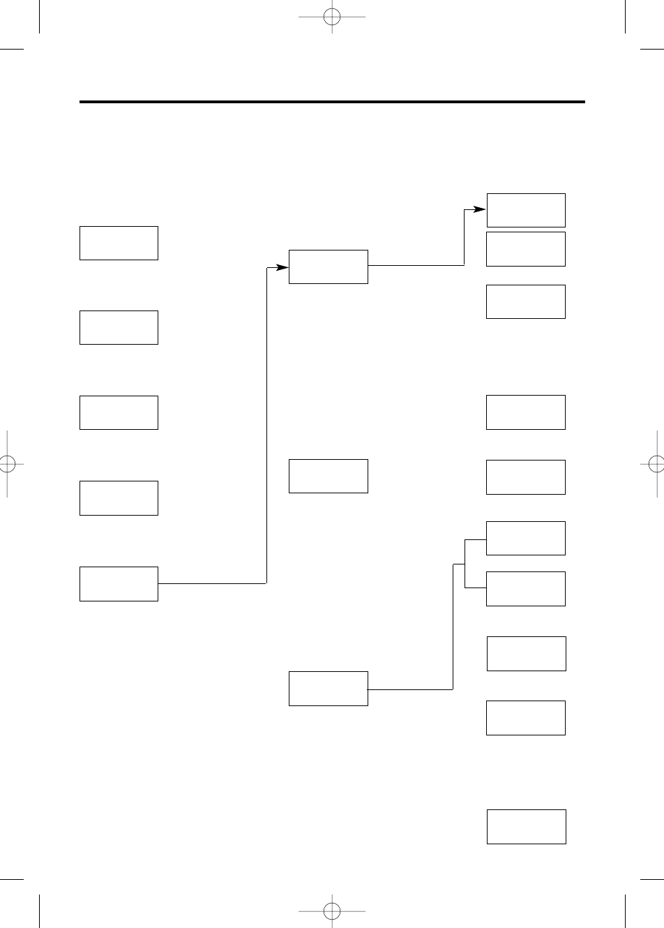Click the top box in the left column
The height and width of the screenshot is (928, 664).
[x=119, y=243]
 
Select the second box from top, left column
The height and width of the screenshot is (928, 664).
[x=119, y=327]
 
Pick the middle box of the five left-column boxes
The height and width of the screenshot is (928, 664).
[x=119, y=412]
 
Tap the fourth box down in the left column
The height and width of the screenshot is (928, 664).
[x=119, y=498]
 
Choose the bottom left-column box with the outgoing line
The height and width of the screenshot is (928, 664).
[x=119, y=584]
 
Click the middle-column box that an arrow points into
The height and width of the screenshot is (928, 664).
[x=328, y=267]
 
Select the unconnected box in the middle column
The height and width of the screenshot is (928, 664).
[x=328, y=476]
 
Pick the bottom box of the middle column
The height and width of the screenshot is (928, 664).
[x=328, y=689]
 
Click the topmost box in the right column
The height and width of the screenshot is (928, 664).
[x=525, y=210]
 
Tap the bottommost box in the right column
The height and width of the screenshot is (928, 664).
[x=526, y=827]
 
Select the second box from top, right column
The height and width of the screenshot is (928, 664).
[x=525, y=249]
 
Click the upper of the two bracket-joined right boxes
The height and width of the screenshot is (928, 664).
[x=525, y=538]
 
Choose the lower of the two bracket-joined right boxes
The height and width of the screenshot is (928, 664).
[x=525, y=589]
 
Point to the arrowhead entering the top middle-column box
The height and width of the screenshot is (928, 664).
[x=282, y=267]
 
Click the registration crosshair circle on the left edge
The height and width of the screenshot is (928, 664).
[x=6, y=464]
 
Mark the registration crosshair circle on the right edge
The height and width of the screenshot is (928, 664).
[x=656, y=464]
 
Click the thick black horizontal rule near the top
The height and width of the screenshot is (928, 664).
[x=332, y=102]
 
